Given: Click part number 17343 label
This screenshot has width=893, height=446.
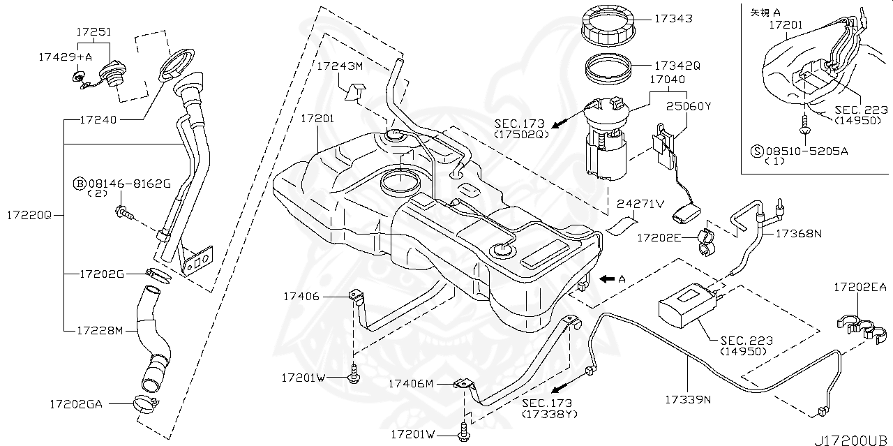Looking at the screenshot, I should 673,18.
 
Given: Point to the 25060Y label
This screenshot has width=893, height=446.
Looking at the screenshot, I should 688,105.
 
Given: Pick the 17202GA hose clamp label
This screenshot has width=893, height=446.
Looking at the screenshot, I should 76,403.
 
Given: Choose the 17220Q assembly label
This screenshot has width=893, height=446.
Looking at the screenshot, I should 29,215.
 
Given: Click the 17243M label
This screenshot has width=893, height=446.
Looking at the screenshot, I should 340,66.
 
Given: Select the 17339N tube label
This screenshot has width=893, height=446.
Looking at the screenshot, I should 687,399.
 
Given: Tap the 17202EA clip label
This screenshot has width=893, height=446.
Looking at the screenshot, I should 861,286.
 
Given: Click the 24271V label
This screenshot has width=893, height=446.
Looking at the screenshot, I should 640,204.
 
